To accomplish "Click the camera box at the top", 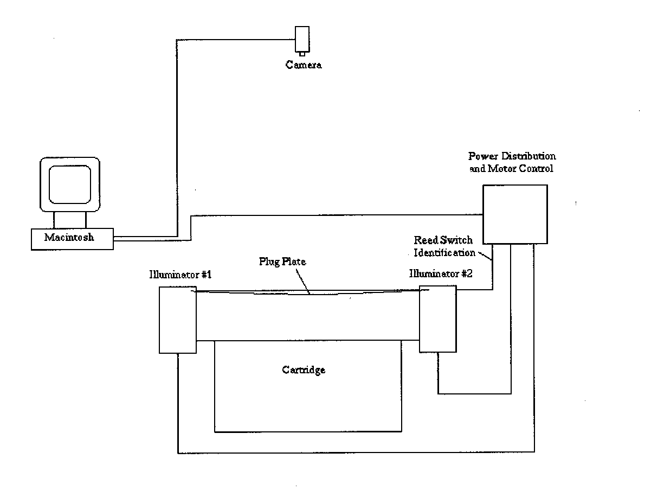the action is point(302,39).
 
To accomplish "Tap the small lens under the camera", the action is point(302,54).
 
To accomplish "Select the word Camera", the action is point(304,65).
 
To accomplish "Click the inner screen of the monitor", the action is point(70,184).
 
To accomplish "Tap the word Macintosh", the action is point(69,237).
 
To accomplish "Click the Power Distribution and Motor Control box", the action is point(515,214).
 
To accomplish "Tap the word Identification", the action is point(444,253).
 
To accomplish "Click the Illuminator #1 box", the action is point(178,320).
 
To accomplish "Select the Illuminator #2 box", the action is point(438,319).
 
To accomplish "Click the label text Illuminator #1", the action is point(181,275).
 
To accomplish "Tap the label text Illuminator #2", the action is point(441,273).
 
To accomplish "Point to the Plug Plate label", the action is point(282,262).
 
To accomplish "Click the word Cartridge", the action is point(304,370).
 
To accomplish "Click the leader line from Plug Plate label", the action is point(303,281).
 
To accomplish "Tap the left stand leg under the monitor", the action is point(54,220).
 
